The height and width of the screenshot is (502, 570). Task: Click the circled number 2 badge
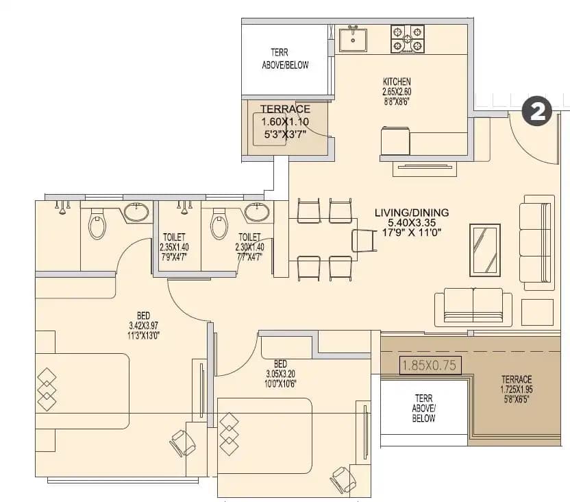tap(537, 112)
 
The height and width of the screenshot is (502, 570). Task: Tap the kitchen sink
tap(354, 39)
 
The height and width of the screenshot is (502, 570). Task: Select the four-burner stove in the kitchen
tap(408, 39)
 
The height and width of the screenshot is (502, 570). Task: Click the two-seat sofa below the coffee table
tap(473, 305)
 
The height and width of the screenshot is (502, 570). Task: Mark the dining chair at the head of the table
tap(364, 241)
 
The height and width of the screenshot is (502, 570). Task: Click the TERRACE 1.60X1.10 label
tap(285, 121)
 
